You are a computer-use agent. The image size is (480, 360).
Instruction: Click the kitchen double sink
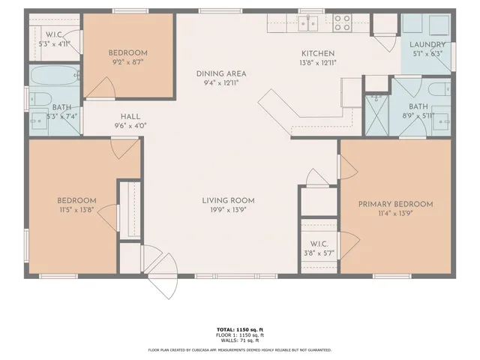click(307, 23)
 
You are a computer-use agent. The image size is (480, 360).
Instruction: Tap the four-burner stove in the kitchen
click(342, 23)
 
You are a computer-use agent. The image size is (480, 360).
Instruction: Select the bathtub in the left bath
click(54, 76)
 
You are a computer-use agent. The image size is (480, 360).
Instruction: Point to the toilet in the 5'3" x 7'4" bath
click(38, 98)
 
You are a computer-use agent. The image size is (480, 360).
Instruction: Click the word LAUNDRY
click(427, 44)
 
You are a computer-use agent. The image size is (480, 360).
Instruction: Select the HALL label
click(130, 117)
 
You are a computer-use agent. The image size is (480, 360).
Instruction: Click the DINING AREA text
click(221, 73)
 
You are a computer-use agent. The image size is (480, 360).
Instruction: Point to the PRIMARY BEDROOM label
click(395, 204)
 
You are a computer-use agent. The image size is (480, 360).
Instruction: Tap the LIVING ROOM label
click(228, 200)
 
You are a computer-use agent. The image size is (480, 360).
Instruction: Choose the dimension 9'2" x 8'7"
click(127, 63)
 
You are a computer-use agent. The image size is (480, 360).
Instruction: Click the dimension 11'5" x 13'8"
click(77, 211)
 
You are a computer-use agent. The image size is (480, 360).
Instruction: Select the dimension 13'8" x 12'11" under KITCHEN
click(317, 64)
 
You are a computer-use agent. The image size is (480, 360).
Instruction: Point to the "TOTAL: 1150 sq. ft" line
click(240, 330)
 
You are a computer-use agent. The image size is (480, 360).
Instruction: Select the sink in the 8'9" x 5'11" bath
click(442, 119)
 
